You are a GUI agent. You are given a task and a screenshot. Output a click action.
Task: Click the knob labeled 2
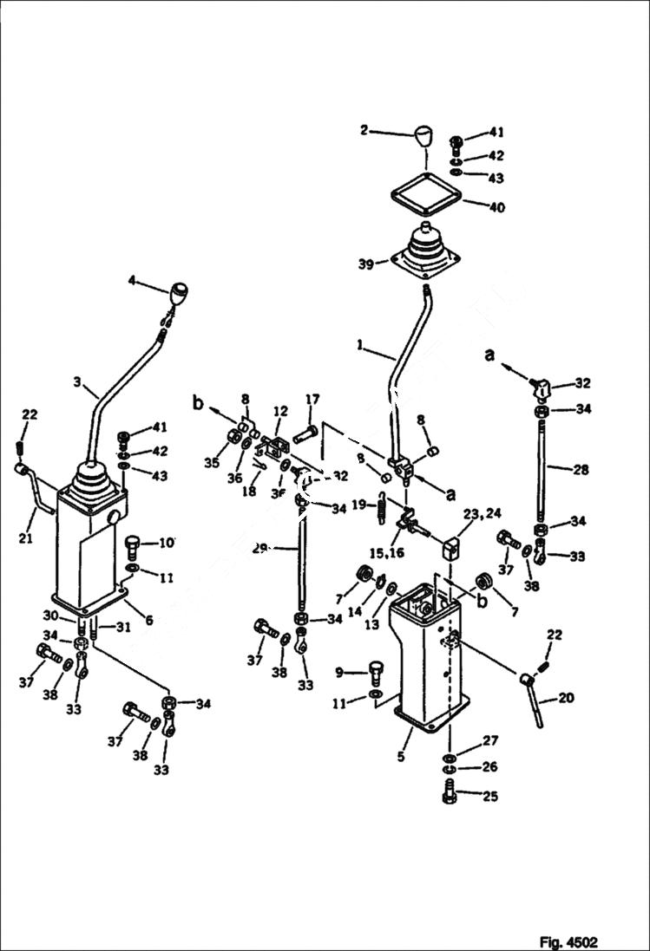423,137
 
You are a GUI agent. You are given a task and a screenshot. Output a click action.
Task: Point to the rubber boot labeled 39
425,251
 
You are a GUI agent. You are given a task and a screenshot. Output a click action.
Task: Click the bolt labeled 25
450,794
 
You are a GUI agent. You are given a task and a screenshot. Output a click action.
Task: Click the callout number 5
401,757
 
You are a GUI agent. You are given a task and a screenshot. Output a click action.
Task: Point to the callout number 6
148,620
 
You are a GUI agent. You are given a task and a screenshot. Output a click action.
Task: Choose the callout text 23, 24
482,512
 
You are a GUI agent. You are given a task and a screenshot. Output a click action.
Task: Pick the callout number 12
280,410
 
